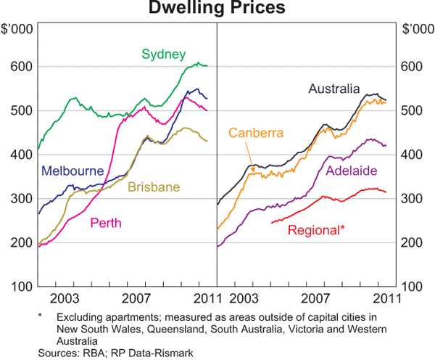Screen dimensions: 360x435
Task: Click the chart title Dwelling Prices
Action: point(217,8)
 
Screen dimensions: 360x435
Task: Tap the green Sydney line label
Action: point(164,54)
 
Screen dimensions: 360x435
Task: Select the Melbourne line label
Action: point(71,172)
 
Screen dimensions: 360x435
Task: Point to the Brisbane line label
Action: point(154,187)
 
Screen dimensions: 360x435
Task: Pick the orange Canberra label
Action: point(256,133)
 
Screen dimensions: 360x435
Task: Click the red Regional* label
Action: point(316,230)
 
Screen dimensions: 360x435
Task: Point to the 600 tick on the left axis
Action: point(17,67)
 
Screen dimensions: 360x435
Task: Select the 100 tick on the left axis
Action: point(17,287)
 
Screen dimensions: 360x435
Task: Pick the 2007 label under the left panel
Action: point(135,298)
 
